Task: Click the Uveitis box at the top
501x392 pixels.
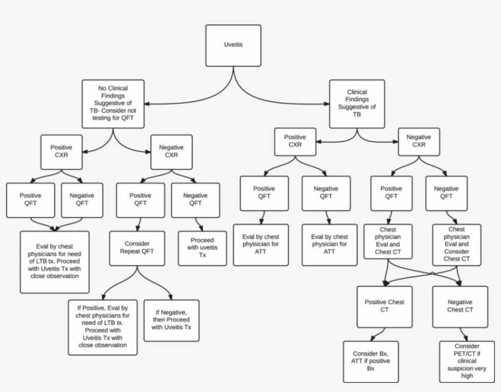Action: coord(233,46)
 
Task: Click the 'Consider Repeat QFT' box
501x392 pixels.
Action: coord(137,248)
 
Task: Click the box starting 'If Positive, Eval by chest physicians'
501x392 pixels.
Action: coord(103,327)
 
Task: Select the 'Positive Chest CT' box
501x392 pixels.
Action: coord(384,306)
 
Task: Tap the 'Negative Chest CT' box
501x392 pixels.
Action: coord(460,306)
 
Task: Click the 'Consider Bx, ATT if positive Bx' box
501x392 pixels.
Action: coord(370,361)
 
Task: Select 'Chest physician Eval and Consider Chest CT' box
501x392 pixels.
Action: coord(456,245)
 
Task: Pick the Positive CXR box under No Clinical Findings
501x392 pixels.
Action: coord(61,151)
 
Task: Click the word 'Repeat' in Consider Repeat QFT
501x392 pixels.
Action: coord(137,251)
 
